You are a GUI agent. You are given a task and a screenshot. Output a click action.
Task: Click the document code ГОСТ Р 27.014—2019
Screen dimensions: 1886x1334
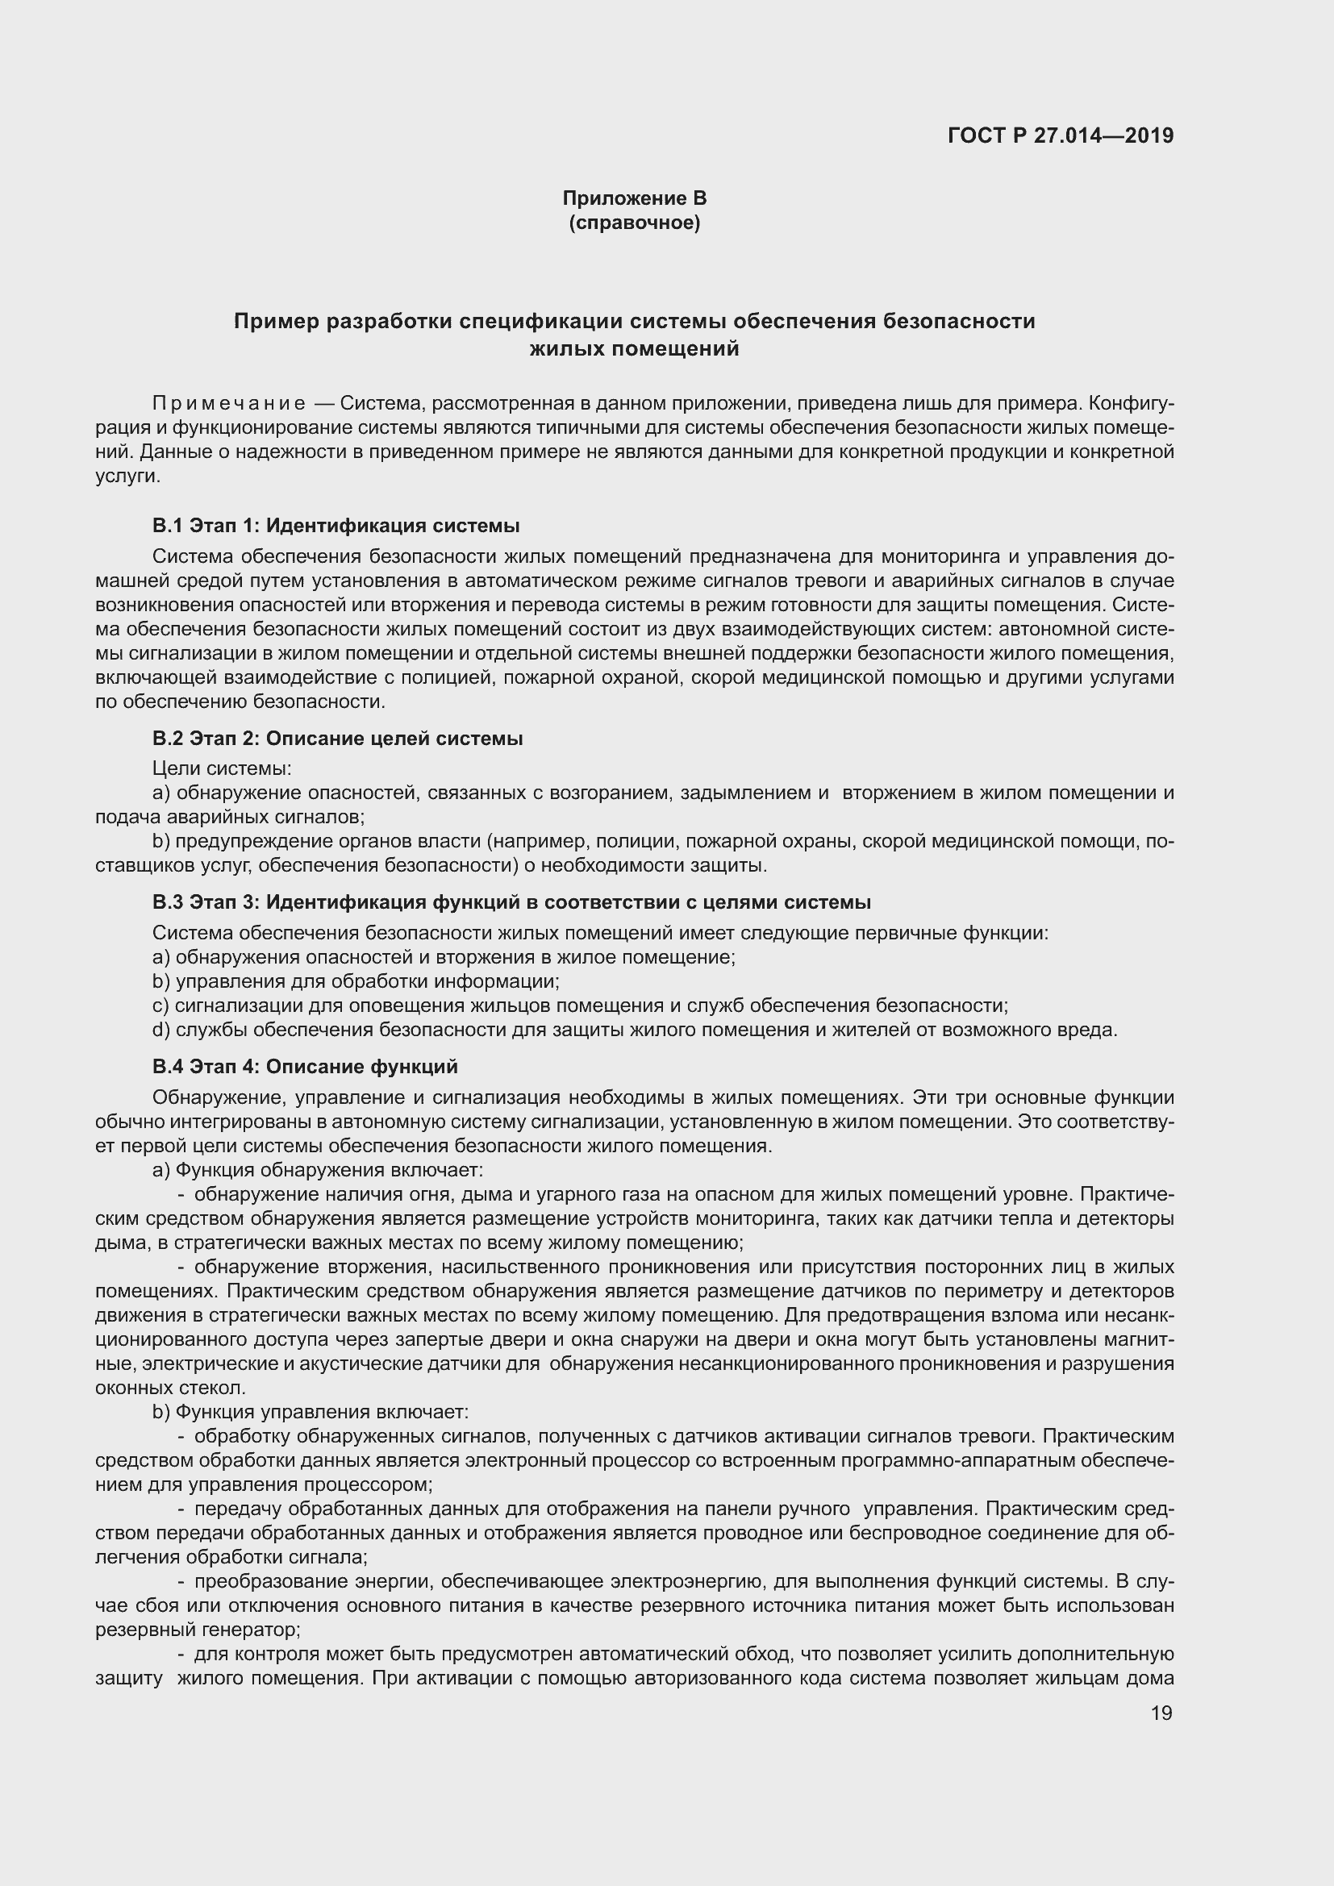point(1061,135)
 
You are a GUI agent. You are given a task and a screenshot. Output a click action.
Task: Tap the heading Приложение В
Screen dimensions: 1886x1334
point(634,198)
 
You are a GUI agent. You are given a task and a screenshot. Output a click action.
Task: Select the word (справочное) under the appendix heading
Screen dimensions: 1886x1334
point(634,223)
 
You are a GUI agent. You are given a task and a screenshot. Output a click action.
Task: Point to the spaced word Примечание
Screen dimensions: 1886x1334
point(229,403)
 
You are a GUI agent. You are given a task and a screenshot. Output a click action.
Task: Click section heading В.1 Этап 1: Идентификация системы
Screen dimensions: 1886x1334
point(336,525)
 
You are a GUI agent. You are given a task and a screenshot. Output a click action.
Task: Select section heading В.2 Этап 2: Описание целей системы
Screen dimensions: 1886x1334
point(338,738)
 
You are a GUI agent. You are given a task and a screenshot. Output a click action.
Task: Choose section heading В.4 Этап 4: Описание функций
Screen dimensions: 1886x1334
point(305,1066)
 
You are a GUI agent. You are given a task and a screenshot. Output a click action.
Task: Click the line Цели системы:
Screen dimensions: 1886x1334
point(222,768)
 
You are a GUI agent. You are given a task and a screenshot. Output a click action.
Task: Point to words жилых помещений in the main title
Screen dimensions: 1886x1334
point(634,349)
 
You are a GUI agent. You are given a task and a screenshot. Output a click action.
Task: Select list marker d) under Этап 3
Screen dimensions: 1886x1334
point(161,1029)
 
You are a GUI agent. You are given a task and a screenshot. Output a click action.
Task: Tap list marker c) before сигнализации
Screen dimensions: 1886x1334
point(161,1005)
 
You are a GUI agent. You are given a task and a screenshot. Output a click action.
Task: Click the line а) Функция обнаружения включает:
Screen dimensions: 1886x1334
point(318,1169)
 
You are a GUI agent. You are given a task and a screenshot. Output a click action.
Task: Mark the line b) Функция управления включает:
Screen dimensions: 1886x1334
point(311,1411)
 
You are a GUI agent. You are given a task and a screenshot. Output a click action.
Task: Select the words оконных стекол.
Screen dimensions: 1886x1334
point(171,1388)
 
